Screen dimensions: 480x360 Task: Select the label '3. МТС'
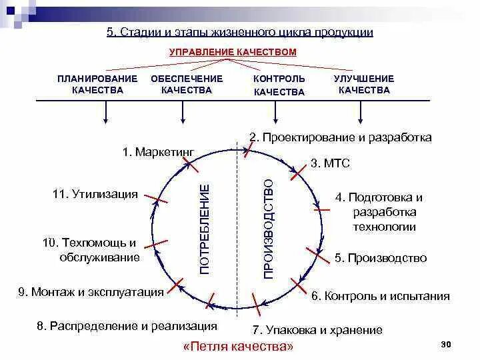pos(330,163)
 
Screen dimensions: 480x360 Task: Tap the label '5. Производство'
pos(380,258)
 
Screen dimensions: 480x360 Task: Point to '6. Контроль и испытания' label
pos(380,295)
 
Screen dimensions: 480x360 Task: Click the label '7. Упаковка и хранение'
pos(317,329)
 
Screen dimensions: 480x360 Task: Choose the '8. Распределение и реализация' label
pos(127,326)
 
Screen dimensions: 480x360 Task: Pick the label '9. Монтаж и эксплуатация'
pos(91,291)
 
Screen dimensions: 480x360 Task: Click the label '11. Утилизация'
pos(95,194)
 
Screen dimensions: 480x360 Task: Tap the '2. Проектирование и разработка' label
pos(340,137)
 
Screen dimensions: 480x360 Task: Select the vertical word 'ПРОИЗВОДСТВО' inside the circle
pos(269,229)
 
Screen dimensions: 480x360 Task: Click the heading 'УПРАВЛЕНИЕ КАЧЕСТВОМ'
pos(232,51)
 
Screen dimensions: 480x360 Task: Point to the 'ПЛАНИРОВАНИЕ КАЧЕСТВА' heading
pos(97,85)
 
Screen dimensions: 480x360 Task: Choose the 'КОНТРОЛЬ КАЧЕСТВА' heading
pos(279,85)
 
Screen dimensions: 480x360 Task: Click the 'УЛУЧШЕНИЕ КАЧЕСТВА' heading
pos(363,85)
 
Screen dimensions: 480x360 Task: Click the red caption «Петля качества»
pos(238,347)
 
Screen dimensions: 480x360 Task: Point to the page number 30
pos(446,343)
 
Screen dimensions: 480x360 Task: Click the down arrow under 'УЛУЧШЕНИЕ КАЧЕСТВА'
pos(361,113)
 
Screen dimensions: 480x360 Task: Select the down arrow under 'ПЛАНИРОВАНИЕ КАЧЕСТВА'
pos(105,113)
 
